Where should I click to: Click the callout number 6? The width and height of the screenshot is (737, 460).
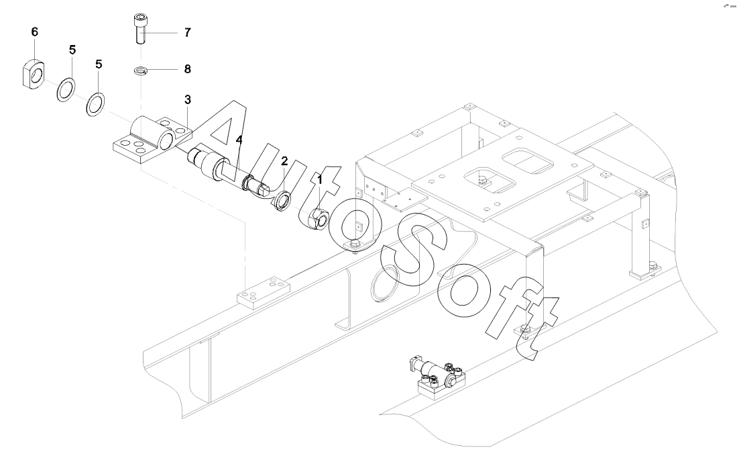tap(35, 32)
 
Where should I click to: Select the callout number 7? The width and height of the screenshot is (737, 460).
tap(187, 32)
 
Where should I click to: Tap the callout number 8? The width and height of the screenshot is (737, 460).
tap(187, 68)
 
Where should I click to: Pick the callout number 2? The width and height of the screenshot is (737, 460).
tap(284, 161)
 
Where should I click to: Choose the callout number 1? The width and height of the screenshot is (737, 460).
tap(320, 179)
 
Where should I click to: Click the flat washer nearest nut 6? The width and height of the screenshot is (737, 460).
tap(64, 89)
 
